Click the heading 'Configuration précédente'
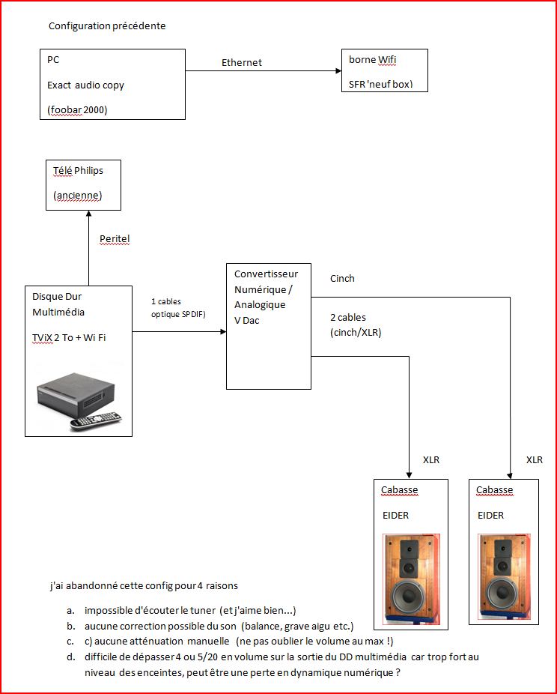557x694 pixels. coord(107,26)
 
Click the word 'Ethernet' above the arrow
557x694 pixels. coord(241,63)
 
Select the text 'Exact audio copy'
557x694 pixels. coord(85,85)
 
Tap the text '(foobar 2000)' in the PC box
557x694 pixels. coord(77,109)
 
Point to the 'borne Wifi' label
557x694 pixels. coord(372,60)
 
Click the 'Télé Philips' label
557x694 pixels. coord(79,171)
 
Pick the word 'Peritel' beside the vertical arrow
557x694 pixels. coord(115,239)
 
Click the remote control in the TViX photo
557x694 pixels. coord(96,421)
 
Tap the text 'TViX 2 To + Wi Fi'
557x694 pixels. coord(69,338)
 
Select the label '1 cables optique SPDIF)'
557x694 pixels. coord(178,308)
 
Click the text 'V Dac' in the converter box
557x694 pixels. coord(246,321)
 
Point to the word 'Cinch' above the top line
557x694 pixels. coord(342,278)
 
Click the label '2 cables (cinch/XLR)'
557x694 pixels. coord(356,325)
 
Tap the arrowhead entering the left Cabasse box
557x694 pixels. coord(409,475)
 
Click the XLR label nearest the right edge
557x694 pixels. coord(535,460)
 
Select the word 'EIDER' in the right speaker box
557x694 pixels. coord(490,515)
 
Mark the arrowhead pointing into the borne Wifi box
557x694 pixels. coord(338,70)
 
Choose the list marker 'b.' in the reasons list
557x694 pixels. coord(71,627)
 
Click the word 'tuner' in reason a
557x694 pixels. coord(203,611)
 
